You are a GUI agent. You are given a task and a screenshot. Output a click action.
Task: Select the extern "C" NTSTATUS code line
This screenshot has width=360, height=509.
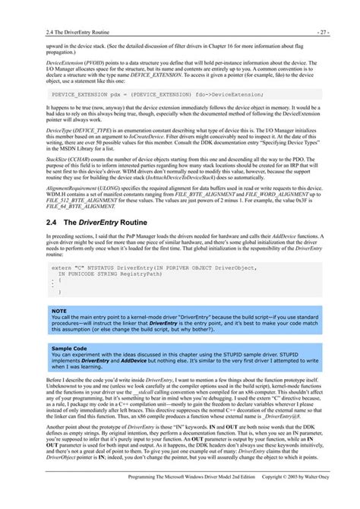[152, 247]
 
